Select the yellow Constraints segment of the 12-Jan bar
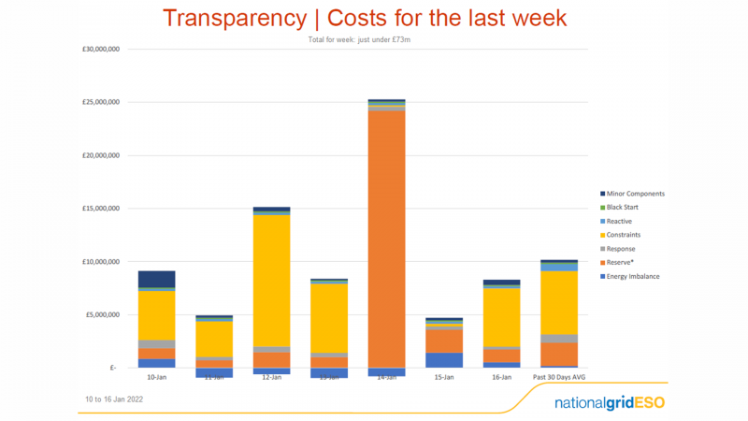(271, 281)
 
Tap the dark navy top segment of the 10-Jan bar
(156, 279)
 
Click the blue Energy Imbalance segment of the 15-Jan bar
(443, 360)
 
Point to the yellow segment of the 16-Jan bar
(501, 317)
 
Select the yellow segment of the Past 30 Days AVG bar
(558, 302)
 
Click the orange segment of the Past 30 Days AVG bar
(558, 355)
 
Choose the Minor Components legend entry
(635, 194)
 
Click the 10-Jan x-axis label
(157, 377)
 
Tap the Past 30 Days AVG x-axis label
(558, 377)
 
